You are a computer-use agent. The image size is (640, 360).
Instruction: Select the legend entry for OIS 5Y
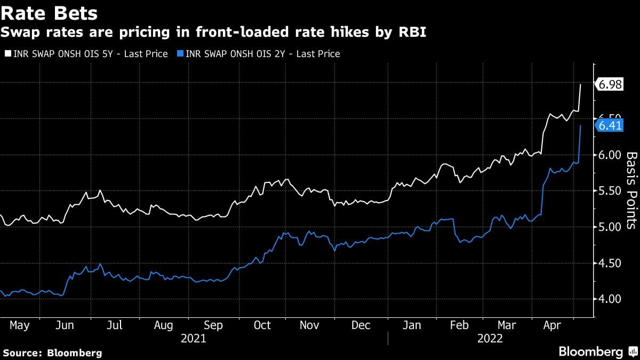(x=89, y=54)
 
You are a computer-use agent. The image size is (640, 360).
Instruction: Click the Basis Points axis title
(x=631, y=190)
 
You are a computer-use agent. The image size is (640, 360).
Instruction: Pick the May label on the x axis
(x=20, y=325)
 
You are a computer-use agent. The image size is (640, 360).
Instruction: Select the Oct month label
(x=262, y=325)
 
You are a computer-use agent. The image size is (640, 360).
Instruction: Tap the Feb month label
(x=459, y=325)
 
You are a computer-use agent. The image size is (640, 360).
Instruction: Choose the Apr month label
(x=552, y=325)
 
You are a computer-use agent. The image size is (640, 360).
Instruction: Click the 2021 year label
(x=194, y=338)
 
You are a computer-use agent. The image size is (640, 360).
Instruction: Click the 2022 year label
(x=490, y=338)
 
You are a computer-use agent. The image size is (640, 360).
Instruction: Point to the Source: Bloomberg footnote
(x=52, y=353)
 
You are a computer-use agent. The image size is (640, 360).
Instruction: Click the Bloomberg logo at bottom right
(x=597, y=351)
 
